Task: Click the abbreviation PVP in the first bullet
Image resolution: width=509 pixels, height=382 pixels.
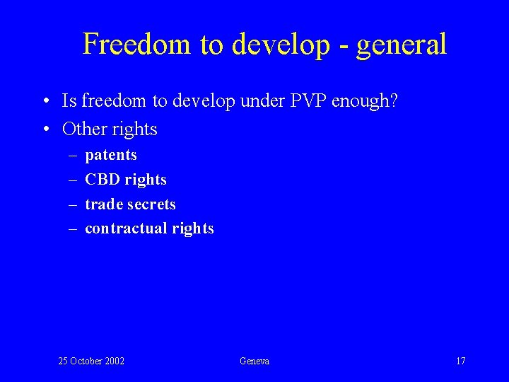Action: click(305, 102)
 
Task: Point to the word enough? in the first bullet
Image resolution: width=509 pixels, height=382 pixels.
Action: click(365, 102)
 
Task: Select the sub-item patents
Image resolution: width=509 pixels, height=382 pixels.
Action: click(111, 155)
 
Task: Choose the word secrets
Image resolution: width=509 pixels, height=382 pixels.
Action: click(152, 204)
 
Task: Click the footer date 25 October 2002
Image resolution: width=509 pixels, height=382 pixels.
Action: click(91, 361)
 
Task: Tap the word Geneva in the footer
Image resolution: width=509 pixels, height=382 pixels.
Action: click(255, 361)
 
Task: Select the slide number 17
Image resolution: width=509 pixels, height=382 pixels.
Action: click(460, 361)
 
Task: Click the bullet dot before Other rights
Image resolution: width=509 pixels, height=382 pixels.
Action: click(45, 129)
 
